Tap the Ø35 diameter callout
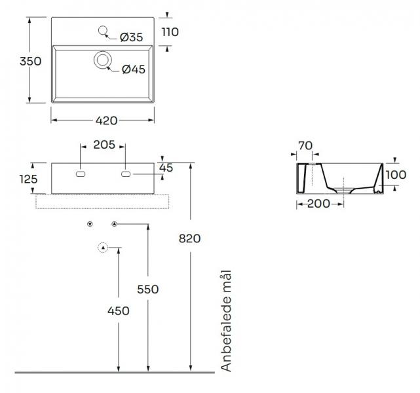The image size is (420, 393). click(131, 38)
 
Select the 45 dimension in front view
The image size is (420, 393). click(166, 168)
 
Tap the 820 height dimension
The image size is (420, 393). click(189, 238)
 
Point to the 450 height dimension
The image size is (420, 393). click(118, 310)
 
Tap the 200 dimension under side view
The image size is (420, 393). click(318, 204)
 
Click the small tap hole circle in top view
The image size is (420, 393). click(102, 30)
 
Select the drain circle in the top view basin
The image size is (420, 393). click(102, 60)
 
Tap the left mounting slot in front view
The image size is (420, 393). click(81, 175)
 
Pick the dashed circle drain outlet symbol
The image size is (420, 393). click(102, 247)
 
